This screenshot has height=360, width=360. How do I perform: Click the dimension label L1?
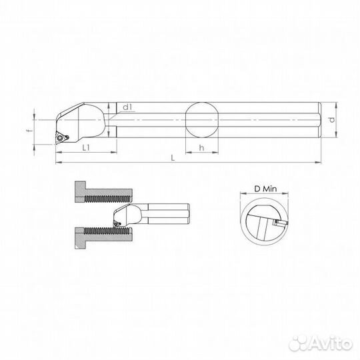(x=87, y=148)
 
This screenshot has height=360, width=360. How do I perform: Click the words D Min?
(x=264, y=189)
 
